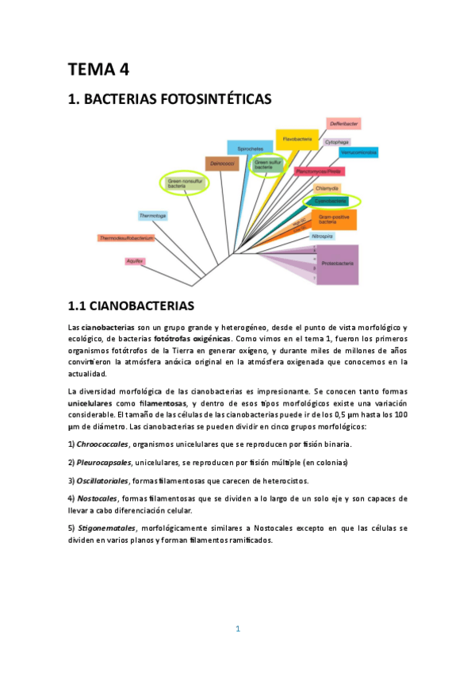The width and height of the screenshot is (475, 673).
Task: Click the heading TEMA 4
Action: click(98, 69)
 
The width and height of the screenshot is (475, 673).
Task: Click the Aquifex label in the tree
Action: click(134, 261)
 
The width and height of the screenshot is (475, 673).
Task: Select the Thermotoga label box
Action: click(152, 215)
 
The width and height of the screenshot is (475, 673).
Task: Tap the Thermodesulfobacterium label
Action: click(124, 237)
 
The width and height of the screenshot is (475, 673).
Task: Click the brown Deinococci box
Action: click(221, 163)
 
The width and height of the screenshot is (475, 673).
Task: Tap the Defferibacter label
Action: click(343, 124)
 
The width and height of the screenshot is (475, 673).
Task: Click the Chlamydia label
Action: click(327, 188)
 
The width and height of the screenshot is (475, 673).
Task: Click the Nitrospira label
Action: click(322, 236)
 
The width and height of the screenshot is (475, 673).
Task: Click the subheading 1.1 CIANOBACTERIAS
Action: click(131, 305)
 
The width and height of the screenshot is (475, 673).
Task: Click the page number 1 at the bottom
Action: click(237, 629)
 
